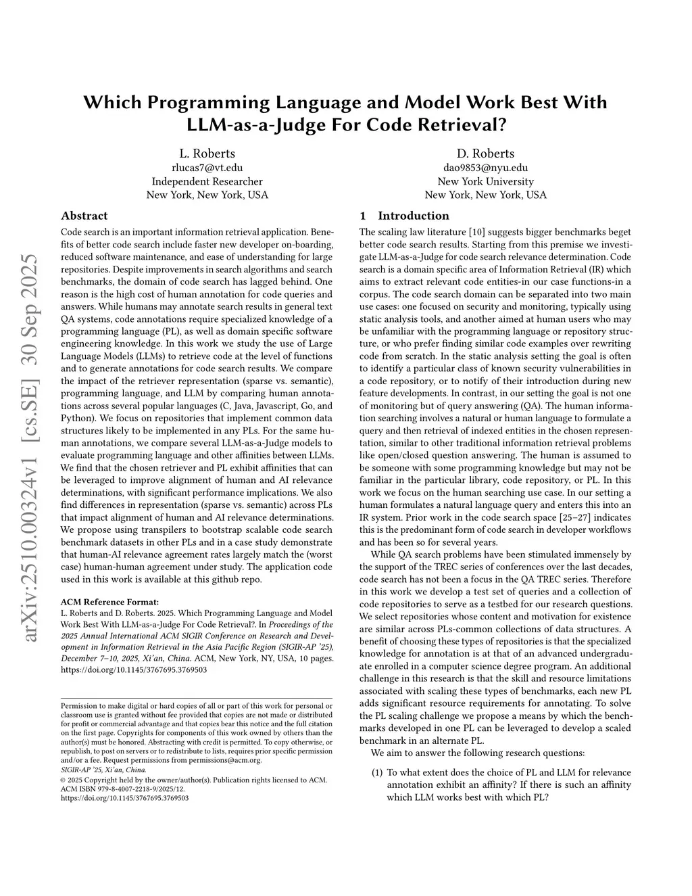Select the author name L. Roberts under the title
[207, 154]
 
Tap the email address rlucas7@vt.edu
[207, 168]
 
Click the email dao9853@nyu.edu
[485, 168]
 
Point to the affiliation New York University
[485, 181]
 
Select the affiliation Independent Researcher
[207, 181]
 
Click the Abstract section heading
[84, 216]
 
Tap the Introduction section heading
[413, 216]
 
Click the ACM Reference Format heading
[109, 601]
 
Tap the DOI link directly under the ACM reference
[134, 669]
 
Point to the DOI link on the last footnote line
[124, 798]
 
